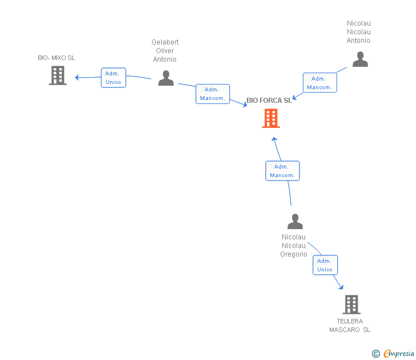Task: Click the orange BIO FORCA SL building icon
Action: [271, 118]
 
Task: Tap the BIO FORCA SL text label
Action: [269, 101]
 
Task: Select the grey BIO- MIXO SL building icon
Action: [58, 75]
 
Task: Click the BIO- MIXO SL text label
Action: [57, 58]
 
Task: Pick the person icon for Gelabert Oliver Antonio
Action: [166, 78]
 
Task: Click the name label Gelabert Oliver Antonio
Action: [165, 51]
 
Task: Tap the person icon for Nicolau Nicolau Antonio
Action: [360, 59]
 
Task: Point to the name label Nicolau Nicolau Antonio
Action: [359, 32]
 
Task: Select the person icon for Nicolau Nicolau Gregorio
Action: [295, 222]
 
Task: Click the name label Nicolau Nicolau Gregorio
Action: [294, 246]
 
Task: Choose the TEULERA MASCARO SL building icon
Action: [351, 305]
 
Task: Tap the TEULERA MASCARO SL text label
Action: [350, 325]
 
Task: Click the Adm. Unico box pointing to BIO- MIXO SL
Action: [113, 78]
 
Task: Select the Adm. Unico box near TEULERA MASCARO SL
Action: [325, 265]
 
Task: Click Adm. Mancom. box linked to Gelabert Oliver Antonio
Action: [212, 94]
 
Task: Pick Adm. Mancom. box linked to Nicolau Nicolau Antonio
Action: [319, 83]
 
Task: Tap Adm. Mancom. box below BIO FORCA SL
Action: [282, 171]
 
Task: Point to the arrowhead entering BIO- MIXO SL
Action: [77, 77]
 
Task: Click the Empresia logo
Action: [394, 354]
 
